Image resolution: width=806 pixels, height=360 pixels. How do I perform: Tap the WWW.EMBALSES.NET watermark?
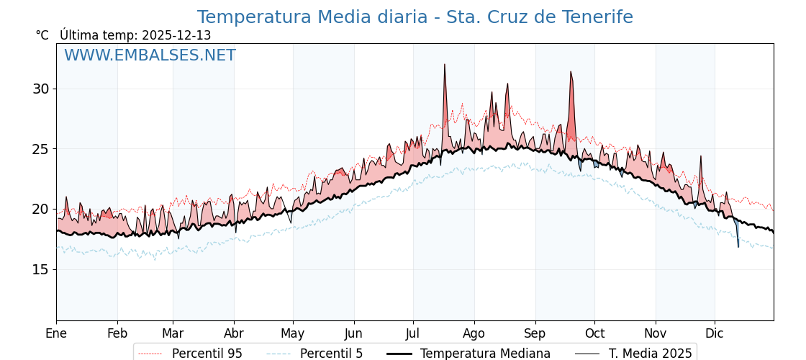pos(150,55)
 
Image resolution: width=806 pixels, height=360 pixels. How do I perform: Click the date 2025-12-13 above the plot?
pos(176,35)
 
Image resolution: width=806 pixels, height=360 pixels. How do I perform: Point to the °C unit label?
pos(42,35)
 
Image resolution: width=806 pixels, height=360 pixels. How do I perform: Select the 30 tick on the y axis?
pos(40,89)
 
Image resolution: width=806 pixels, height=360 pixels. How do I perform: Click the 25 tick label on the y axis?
pos(40,149)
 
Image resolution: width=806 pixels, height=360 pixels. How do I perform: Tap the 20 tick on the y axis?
pos(40,210)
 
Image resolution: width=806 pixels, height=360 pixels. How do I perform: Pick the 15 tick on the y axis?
pos(40,269)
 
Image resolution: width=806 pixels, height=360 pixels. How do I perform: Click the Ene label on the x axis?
pos(56,333)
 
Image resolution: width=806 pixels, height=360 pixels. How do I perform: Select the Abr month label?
pos(234,333)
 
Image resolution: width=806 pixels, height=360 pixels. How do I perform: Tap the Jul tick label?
pos(413,333)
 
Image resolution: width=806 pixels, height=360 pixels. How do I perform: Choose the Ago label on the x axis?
pos(474,333)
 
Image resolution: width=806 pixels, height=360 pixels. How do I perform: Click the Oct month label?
pos(594,333)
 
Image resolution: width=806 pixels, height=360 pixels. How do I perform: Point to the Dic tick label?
pos(715,333)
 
